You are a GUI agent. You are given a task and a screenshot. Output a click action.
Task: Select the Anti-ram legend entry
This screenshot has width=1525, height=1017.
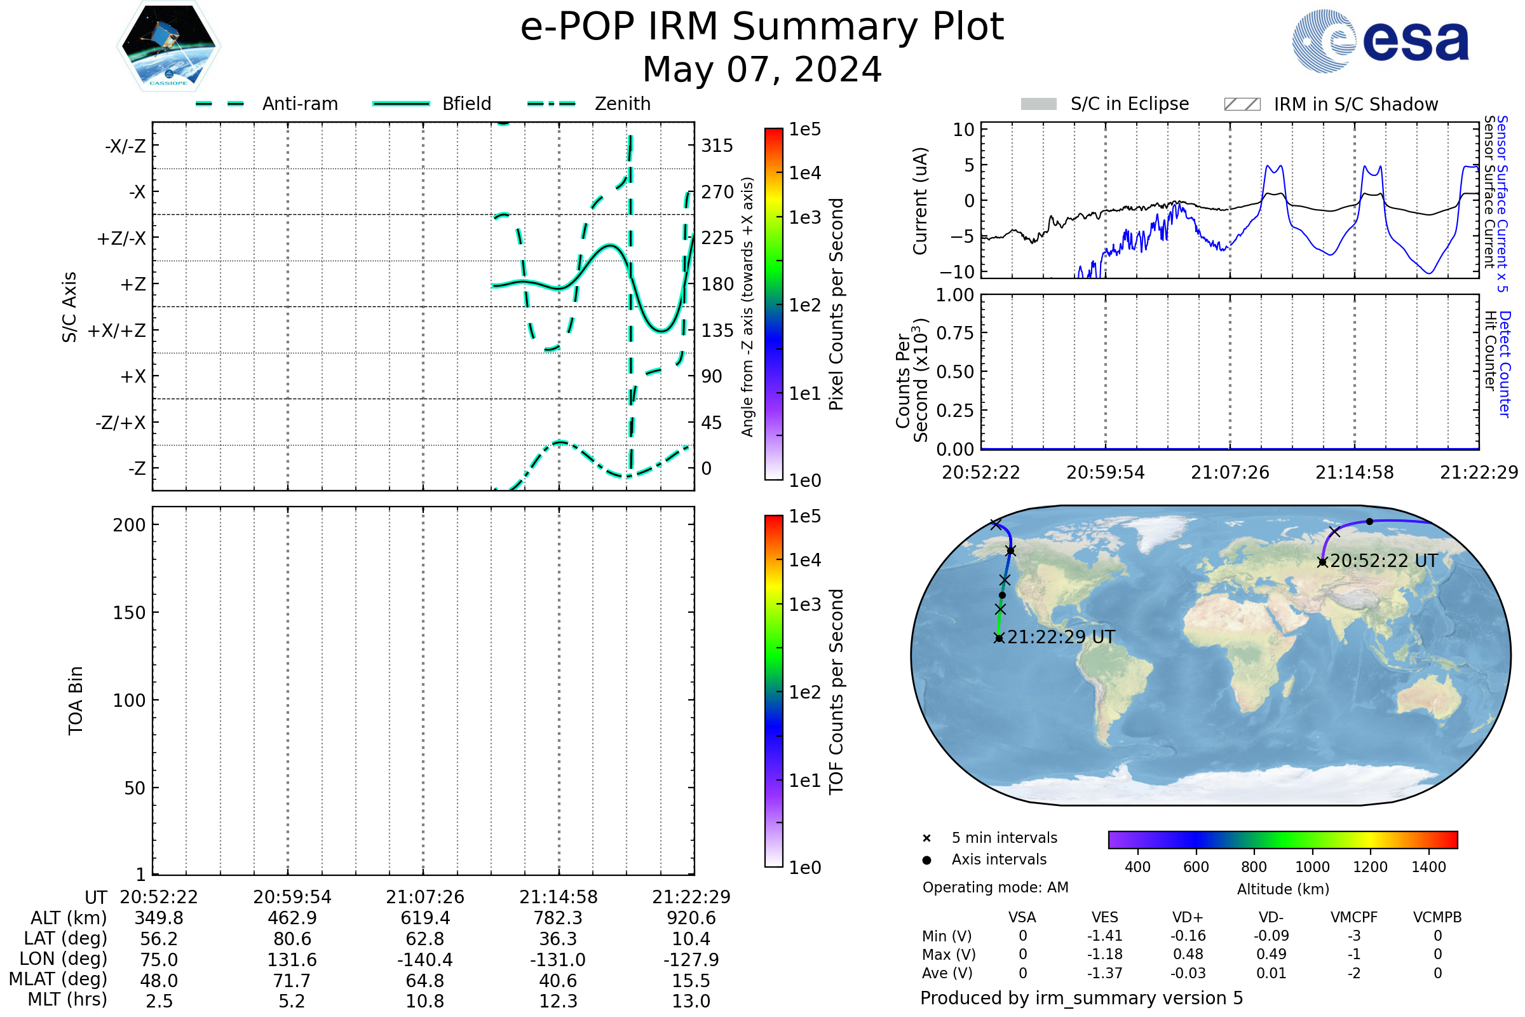pyautogui.click(x=299, y=104)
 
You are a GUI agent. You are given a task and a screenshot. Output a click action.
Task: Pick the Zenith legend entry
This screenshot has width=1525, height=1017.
pyautogui.click(x=622, y=104)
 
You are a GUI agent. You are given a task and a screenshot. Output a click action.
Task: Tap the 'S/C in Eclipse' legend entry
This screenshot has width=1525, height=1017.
pyautogui.click(x=1129, y=104)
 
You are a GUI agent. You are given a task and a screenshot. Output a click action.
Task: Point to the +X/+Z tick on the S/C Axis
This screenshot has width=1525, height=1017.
pyautogui.click(x=117, y=331)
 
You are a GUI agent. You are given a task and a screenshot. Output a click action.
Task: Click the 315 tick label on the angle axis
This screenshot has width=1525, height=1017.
pyautogui.click(x=717, y=146)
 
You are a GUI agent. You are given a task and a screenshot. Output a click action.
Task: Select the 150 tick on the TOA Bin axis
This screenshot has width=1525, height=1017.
pyautogui.click(x=129, y=612)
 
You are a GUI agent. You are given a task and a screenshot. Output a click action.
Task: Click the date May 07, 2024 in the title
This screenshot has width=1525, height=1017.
pyautogui.click(x=762, y=69)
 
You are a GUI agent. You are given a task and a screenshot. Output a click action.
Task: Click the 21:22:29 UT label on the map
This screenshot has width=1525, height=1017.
pyautogui.click(x=1061, y=637)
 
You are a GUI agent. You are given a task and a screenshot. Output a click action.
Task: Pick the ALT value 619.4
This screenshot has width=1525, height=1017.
pyautogui.click(x=424, y=918)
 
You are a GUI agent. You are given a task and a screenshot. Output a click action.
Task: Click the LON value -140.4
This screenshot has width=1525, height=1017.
pyautogui.click(x=424, y=959)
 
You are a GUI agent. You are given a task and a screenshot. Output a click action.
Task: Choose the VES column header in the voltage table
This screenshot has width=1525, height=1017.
pyautogui.click(x=1104, y=917)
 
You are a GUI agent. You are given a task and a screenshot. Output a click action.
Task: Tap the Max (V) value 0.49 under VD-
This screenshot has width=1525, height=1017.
pyautogui.click(x=1271, y=954)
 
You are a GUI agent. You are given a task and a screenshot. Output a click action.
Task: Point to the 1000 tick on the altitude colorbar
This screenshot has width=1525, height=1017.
pyautogui.click(x=1311, y=867)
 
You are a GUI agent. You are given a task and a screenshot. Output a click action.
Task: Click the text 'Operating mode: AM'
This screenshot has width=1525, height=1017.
pyautogui.click(x=995, y=887)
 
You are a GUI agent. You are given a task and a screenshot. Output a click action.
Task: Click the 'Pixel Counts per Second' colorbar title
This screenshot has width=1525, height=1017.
pyautogui.click(x=836, y=304)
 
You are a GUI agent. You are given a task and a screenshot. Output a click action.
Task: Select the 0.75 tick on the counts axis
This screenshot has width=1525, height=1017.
pyautogui.click(x=955, y=332)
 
